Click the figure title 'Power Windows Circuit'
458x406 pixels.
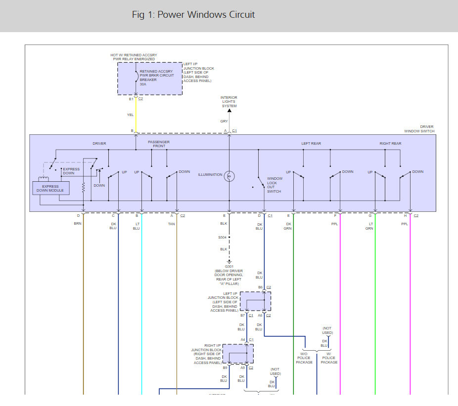[193, 15]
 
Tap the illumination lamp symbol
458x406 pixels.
[229, 175]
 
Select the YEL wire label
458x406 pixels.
[131, 115]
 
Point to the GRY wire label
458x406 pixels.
[224, 121]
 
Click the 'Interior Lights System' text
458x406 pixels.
[229, 102]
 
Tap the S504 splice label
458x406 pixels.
[223, 238]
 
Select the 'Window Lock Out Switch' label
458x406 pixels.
[275, 185]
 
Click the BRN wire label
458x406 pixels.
[78, 224]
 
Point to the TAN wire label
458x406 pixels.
[172, 224]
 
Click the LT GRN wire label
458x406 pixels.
[369, 226]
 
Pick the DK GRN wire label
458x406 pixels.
[288, 226]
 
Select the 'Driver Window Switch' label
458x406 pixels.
[420, 129]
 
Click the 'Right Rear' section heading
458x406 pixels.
[390, 144]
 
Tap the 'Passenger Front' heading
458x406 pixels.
[159, 144]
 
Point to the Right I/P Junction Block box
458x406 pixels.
[238, 354]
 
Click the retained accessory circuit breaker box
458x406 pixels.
[149, 78]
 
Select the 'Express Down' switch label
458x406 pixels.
[71, 171]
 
